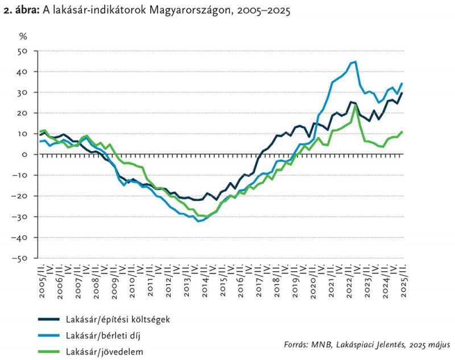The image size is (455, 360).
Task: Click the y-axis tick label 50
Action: pyautogui.click(x=23, y=51)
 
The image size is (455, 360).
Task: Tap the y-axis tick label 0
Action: pyautogui.click(x=25, y=155)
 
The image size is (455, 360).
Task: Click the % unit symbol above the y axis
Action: pyautogui.click(x=23, y=36)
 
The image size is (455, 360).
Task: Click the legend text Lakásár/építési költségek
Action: pyautogui.click(x=117, y=318)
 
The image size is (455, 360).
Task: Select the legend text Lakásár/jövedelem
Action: pyautogui.click(x=104, y=351)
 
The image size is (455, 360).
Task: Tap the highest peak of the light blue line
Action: pyautogui.click(x=355, y=62)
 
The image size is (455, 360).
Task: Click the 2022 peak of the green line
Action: pyautogui.click(x=355, y=105)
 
